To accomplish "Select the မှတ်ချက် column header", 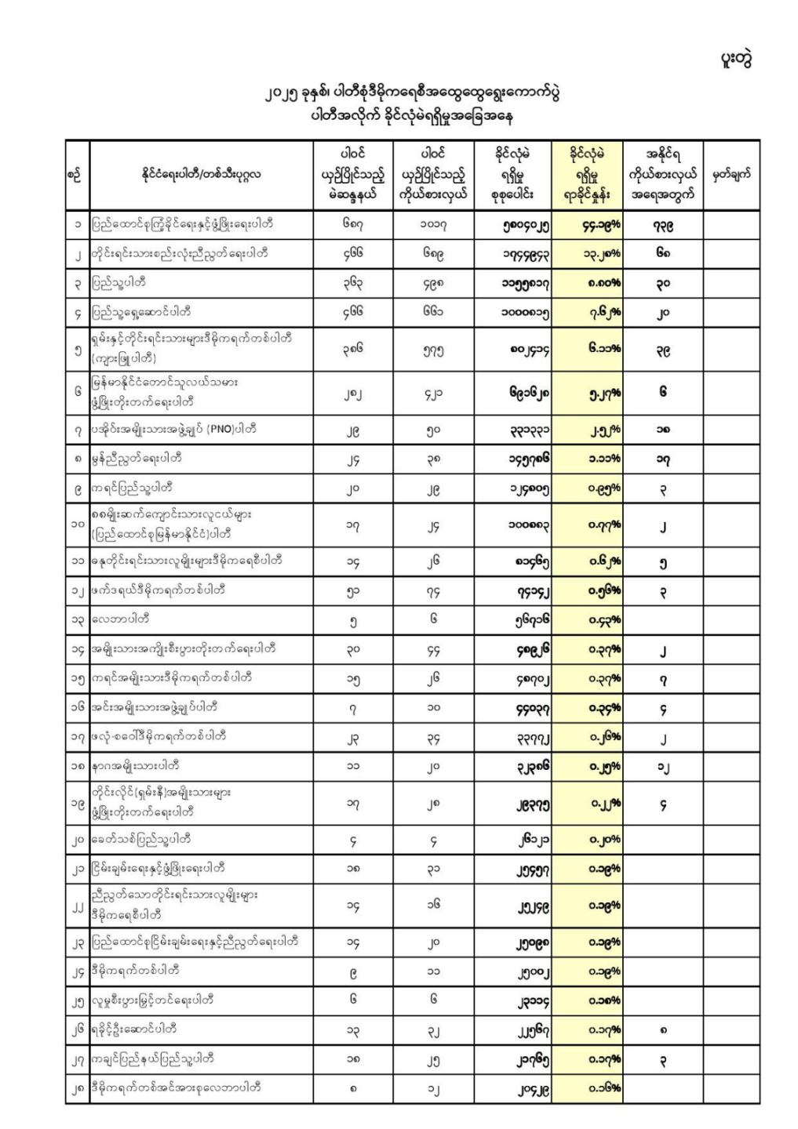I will point(731,174).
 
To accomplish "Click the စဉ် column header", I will point(76,175).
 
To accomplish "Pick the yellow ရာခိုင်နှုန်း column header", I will point(587,174).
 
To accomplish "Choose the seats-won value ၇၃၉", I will point(662,225).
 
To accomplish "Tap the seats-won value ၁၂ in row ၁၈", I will point(663,766).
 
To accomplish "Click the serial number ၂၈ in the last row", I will point(77,1088).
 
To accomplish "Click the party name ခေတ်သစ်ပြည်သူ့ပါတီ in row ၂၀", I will point(141,839).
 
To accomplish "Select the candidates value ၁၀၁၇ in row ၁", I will point(433,225).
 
